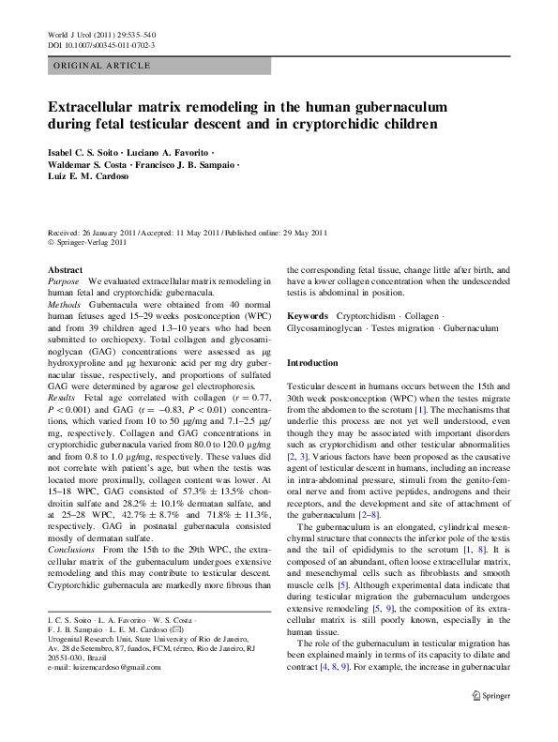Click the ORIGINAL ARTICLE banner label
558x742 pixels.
coord(101,65)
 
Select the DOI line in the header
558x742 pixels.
coord(101,44)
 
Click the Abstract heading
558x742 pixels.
coord(64,269)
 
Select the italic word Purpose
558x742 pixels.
coord(64,281)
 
